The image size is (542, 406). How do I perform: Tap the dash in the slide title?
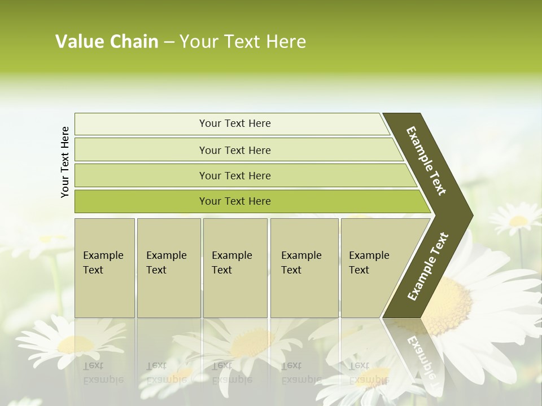tap(169, 42)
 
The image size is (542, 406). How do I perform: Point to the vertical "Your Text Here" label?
tap(65, 162)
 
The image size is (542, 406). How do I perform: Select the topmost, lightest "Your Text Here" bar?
tap(234, 123)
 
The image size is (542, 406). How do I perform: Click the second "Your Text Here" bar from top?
tap(234, 150)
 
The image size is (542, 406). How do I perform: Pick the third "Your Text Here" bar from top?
tap(234, 175)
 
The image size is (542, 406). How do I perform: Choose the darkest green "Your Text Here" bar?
tap(234, 201)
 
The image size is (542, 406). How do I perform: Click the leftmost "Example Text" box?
tap(104, 268)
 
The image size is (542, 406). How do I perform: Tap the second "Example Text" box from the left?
tap(169, 268)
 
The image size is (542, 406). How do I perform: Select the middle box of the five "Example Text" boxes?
tap(235, 268)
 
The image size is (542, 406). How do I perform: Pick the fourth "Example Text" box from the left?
tap(304, 268)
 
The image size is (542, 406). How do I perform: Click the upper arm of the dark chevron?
tap(427, 161)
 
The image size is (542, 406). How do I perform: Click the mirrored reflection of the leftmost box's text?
tap(103, 372)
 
